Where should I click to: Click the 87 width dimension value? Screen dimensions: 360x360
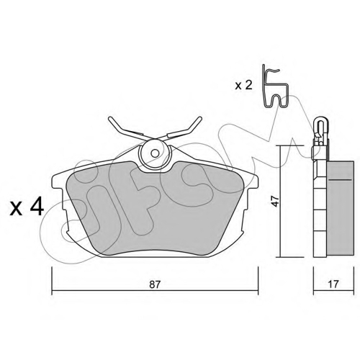(155, 284)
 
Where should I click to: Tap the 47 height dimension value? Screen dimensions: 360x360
(275, 201)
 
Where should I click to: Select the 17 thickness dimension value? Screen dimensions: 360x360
(333, 284)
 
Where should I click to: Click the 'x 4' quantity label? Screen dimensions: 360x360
(27, 207)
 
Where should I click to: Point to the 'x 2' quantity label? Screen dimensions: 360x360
(243, 85)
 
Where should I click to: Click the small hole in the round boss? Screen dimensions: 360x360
(156, 153)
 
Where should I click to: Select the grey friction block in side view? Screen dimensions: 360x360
(340, 208)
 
